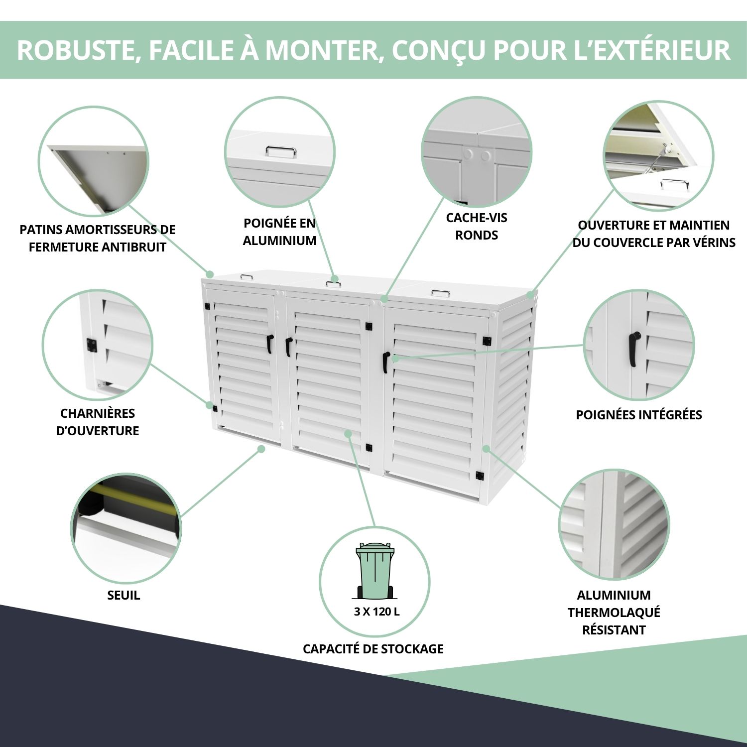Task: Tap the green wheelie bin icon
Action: [x=374, y=571]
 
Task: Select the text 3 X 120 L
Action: [x=376, y=612]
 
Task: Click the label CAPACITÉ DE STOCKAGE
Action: [x=373, y=649]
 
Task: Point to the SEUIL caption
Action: [x=124, y=595]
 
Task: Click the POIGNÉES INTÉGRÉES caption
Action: [x=639, y=415]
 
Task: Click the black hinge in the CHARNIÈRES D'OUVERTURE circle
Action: [x=92, y=345]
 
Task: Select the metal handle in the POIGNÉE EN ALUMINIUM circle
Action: [x=281, y=151]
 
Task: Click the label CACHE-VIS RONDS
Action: [x=477, y=226]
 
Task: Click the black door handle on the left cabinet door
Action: [x=269, y=344]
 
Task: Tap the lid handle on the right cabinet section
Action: [x=441, y=293]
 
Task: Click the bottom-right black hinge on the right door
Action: [x=481, y=476]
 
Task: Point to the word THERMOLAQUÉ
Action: [x=614, y=613]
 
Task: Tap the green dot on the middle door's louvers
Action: [x=348, y=434]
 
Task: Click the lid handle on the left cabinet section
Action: [x=247, y=277]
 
